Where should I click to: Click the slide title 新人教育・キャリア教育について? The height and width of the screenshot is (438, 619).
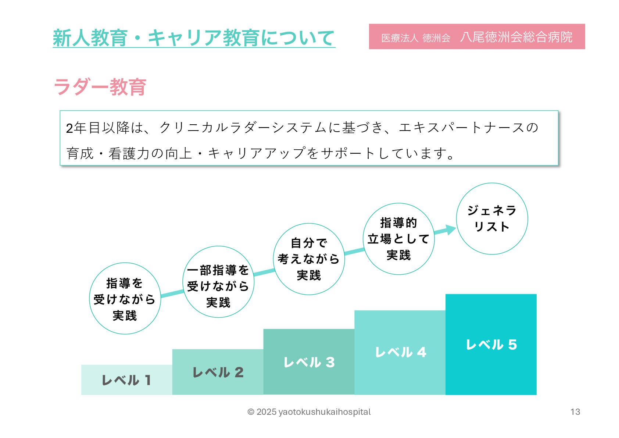point(194,38)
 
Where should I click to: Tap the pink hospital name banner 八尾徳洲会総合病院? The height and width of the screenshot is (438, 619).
point(476,37)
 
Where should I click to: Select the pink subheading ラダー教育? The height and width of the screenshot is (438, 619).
point(100,87)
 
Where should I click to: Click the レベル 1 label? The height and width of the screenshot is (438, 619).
point(126,380)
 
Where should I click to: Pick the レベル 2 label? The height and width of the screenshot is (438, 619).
point(218,373)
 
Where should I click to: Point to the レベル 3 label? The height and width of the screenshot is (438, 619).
point(309,362)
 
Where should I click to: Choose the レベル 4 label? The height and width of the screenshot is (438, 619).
point(400,352)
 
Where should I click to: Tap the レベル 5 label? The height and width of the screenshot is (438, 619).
point(491,345)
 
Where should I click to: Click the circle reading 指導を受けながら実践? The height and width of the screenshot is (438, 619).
point(125,299)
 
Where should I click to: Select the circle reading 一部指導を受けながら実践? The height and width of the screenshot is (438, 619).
point(218,282)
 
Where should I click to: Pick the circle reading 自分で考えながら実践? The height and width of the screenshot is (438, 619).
point(309,259)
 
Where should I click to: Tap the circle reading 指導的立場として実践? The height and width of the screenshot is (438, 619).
point(399,239)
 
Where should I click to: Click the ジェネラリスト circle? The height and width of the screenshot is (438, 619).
point(492,219)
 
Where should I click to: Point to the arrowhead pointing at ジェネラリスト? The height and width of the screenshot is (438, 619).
point(450,229)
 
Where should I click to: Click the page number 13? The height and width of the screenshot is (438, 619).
point(575,412)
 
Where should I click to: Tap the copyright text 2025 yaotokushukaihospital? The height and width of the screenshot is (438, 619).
point(309,412)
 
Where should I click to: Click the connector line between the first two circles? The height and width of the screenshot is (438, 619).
point(172,293)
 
